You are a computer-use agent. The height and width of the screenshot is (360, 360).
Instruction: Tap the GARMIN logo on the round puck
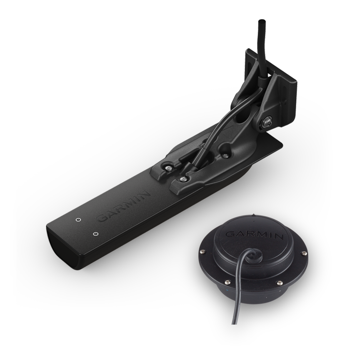coord(255,235)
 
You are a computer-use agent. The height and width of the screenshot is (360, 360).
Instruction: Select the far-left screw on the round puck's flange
coord(202,252)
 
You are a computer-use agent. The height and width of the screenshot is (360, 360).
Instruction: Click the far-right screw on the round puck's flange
coord(304,253)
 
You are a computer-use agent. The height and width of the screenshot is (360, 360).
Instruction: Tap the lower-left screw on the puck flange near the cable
coord(228,281)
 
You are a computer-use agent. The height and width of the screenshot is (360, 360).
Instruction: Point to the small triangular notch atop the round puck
coord(253,215)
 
